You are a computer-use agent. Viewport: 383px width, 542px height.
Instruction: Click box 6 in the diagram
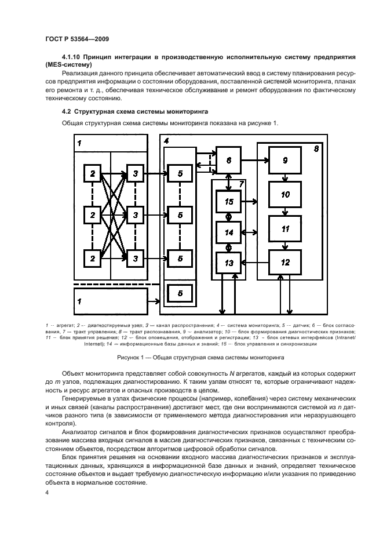click(x=229, y=162)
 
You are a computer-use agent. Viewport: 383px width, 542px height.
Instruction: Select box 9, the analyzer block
click(x=285, y=161)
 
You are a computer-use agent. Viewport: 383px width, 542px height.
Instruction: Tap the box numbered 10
click(x=285, y=195)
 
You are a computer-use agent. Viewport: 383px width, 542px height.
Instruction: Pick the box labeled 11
click(x=285, y=228)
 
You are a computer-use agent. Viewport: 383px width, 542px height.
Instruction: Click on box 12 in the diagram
click(x=285, y=263)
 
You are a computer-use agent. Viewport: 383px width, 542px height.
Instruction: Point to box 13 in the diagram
click(x=229, y=263)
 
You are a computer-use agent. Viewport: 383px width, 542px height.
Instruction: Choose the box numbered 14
click(x=229, y=232)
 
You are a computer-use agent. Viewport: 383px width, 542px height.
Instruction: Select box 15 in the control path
click(x=229, y=201)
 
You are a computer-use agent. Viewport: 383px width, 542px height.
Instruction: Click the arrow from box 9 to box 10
click(x=285, y=177)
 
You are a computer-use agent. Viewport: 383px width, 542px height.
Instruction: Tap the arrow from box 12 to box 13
click(x=256, y=263)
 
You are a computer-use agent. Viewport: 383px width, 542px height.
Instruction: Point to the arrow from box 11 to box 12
click(x=285, y=245)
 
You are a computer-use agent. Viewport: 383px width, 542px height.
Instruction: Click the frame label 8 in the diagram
click(x=316, y=149)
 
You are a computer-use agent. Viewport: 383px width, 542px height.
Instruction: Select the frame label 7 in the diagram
click(x=242, y=184)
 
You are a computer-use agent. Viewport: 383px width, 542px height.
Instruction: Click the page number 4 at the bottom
click(x=46, y=492)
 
